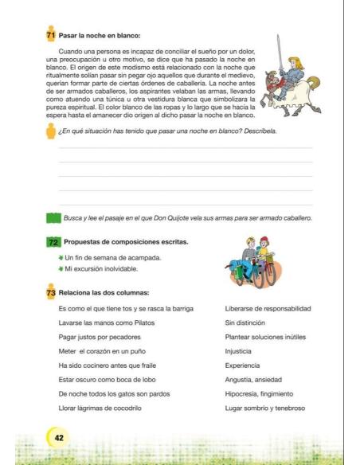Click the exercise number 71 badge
(x=53, y=36)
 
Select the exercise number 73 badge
(x=53, y=292)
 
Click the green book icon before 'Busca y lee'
(x=53, y=217)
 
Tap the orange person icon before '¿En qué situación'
(x=52, y=131)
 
